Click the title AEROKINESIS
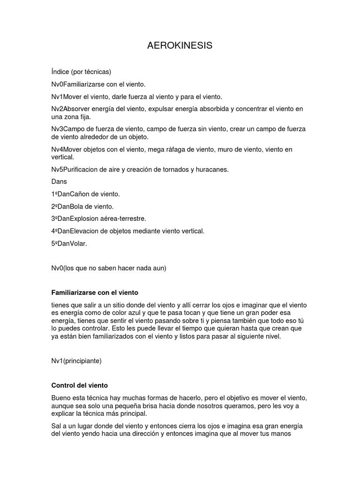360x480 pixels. pyautogui.click(x=180, y=45)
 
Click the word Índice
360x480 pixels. pyautogui.click(x=60, y=72)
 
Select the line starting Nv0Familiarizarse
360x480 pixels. pyautogui.click(x=98, y=84)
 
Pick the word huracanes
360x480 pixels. pyautogui.click(x=213, y=170)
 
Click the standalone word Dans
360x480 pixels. pyautogui.click(x=59, y=182)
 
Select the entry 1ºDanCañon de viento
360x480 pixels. pyautogui.click(x=85, y=194)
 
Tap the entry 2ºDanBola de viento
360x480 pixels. pyautogui.click(x=82, y=206)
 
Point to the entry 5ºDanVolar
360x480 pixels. pyautogui.click(x=69, y=243)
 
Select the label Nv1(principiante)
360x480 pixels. pyautogui.click(x=76, y=361)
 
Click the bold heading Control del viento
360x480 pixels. pyautogui.click(x=79, y=385)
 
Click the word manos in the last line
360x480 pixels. pyautogui.click(x=280, y=434)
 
